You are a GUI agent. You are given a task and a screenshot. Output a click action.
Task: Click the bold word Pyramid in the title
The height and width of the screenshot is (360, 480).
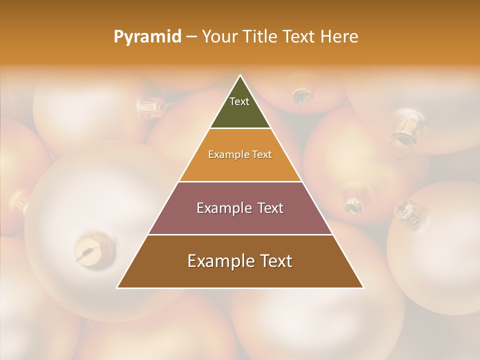[147, 36]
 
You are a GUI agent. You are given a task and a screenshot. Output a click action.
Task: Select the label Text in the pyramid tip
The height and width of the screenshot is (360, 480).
[239, 101]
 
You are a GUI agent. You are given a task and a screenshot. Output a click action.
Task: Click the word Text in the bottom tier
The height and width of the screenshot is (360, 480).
[275, 261]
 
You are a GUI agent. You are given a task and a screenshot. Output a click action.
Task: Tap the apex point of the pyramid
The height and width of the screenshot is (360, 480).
[240, 75]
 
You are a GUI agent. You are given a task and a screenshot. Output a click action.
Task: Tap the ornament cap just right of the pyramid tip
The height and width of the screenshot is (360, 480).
[301, 95]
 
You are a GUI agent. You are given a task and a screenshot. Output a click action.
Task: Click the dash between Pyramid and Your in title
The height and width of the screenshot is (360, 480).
[191, 36]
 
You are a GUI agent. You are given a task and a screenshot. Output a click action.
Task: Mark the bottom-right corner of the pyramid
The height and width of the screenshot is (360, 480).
[363, 287]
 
